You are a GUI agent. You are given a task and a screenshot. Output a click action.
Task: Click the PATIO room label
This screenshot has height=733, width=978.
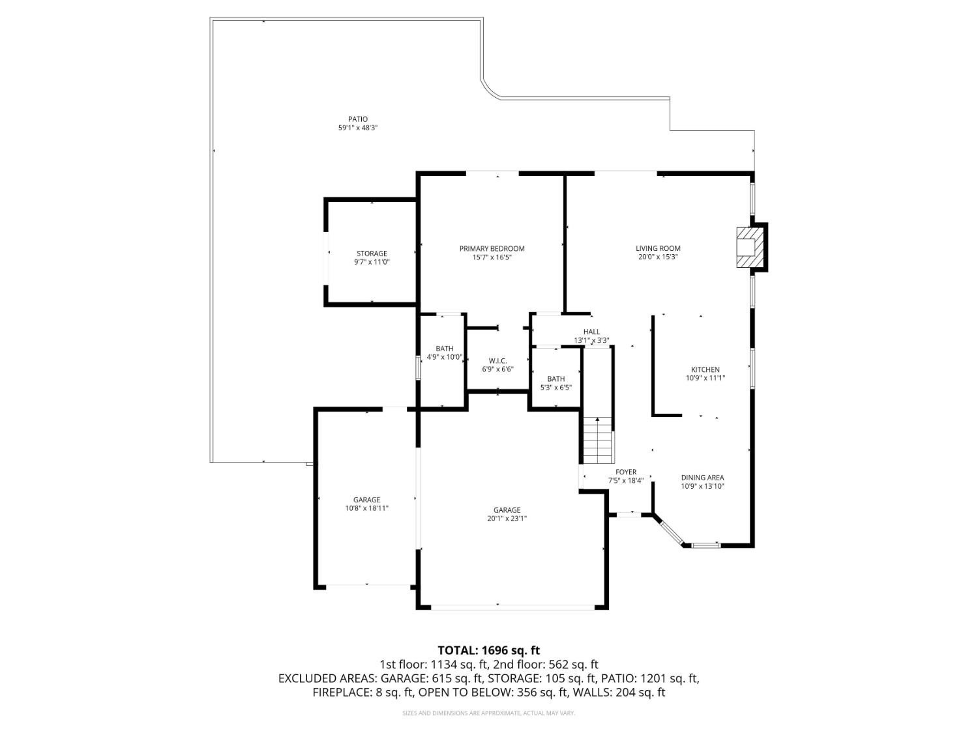[357, 119]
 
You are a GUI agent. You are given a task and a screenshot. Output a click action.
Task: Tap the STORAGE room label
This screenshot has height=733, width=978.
[372, 253]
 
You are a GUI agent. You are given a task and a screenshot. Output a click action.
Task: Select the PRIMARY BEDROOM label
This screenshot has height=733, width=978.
[492, 248]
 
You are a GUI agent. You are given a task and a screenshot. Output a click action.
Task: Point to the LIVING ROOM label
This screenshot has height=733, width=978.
[658, 248]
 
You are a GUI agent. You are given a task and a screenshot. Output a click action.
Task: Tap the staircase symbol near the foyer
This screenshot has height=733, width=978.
[598, 439]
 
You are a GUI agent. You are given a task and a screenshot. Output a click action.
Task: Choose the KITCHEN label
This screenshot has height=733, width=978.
[705, 369]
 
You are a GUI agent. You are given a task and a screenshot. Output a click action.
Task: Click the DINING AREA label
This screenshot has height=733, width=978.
[702, 478]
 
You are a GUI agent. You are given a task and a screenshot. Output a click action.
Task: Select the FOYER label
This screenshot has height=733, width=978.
[626, 472]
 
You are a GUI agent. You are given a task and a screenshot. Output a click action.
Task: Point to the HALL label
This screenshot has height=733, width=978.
[591, 332]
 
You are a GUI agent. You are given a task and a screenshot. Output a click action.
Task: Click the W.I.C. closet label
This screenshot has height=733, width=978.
[497, 361]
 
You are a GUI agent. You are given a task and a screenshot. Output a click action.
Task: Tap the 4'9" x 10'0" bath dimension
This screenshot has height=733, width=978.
[444, 357]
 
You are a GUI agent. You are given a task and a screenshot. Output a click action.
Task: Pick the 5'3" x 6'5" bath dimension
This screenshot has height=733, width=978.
[556, 387]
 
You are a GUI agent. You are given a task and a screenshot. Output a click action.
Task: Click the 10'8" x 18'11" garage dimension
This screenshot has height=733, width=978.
[366, 508]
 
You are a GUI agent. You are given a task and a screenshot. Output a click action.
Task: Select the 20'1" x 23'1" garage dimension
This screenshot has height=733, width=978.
[507, 519]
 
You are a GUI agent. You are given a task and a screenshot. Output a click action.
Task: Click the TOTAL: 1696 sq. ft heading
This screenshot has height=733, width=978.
[488, 650]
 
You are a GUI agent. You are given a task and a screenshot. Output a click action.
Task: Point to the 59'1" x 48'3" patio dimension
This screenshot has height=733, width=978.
[357, 128]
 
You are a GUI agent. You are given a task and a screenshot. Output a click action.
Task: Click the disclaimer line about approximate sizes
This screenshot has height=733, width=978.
[488, 713]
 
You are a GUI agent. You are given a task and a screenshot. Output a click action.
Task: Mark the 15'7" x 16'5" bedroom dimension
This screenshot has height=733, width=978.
[492, 257]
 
